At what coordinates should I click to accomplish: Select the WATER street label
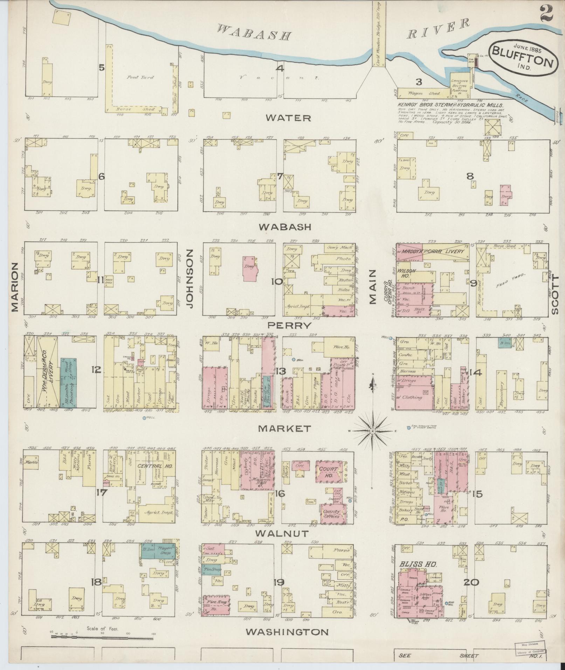tap(288, 118)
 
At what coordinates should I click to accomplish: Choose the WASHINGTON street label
tap(287, 632)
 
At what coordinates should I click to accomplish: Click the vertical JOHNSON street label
tap(190, 278)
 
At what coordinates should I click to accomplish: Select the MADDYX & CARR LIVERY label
tap(433, 251)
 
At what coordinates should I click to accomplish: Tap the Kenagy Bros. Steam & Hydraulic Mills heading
tap(450, 105)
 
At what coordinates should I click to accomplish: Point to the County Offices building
tap(332, 514)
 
